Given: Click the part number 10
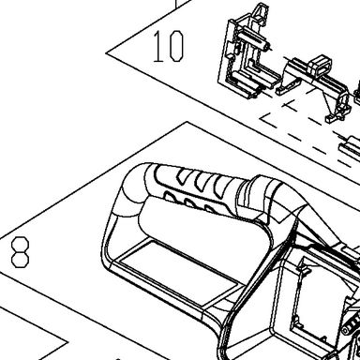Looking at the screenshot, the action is point(168,46).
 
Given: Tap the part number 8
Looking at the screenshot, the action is point(21,252).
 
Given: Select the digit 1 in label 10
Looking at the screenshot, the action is point(158,46).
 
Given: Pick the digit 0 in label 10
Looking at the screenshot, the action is point(176,46).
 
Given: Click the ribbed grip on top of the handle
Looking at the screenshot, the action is point(194,187).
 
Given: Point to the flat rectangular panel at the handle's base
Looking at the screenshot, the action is point(176,272).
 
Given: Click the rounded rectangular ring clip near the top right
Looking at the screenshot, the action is point(320,67).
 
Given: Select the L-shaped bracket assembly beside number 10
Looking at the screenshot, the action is point(247,54).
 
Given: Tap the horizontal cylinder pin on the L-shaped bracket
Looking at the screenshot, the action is point(254,39).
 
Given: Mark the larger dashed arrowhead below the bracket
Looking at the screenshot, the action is point(269,120).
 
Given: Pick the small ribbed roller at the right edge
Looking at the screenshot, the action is point(352,325).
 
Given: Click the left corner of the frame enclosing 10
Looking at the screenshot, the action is point(106,52).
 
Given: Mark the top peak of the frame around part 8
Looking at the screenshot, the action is point(187,122).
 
